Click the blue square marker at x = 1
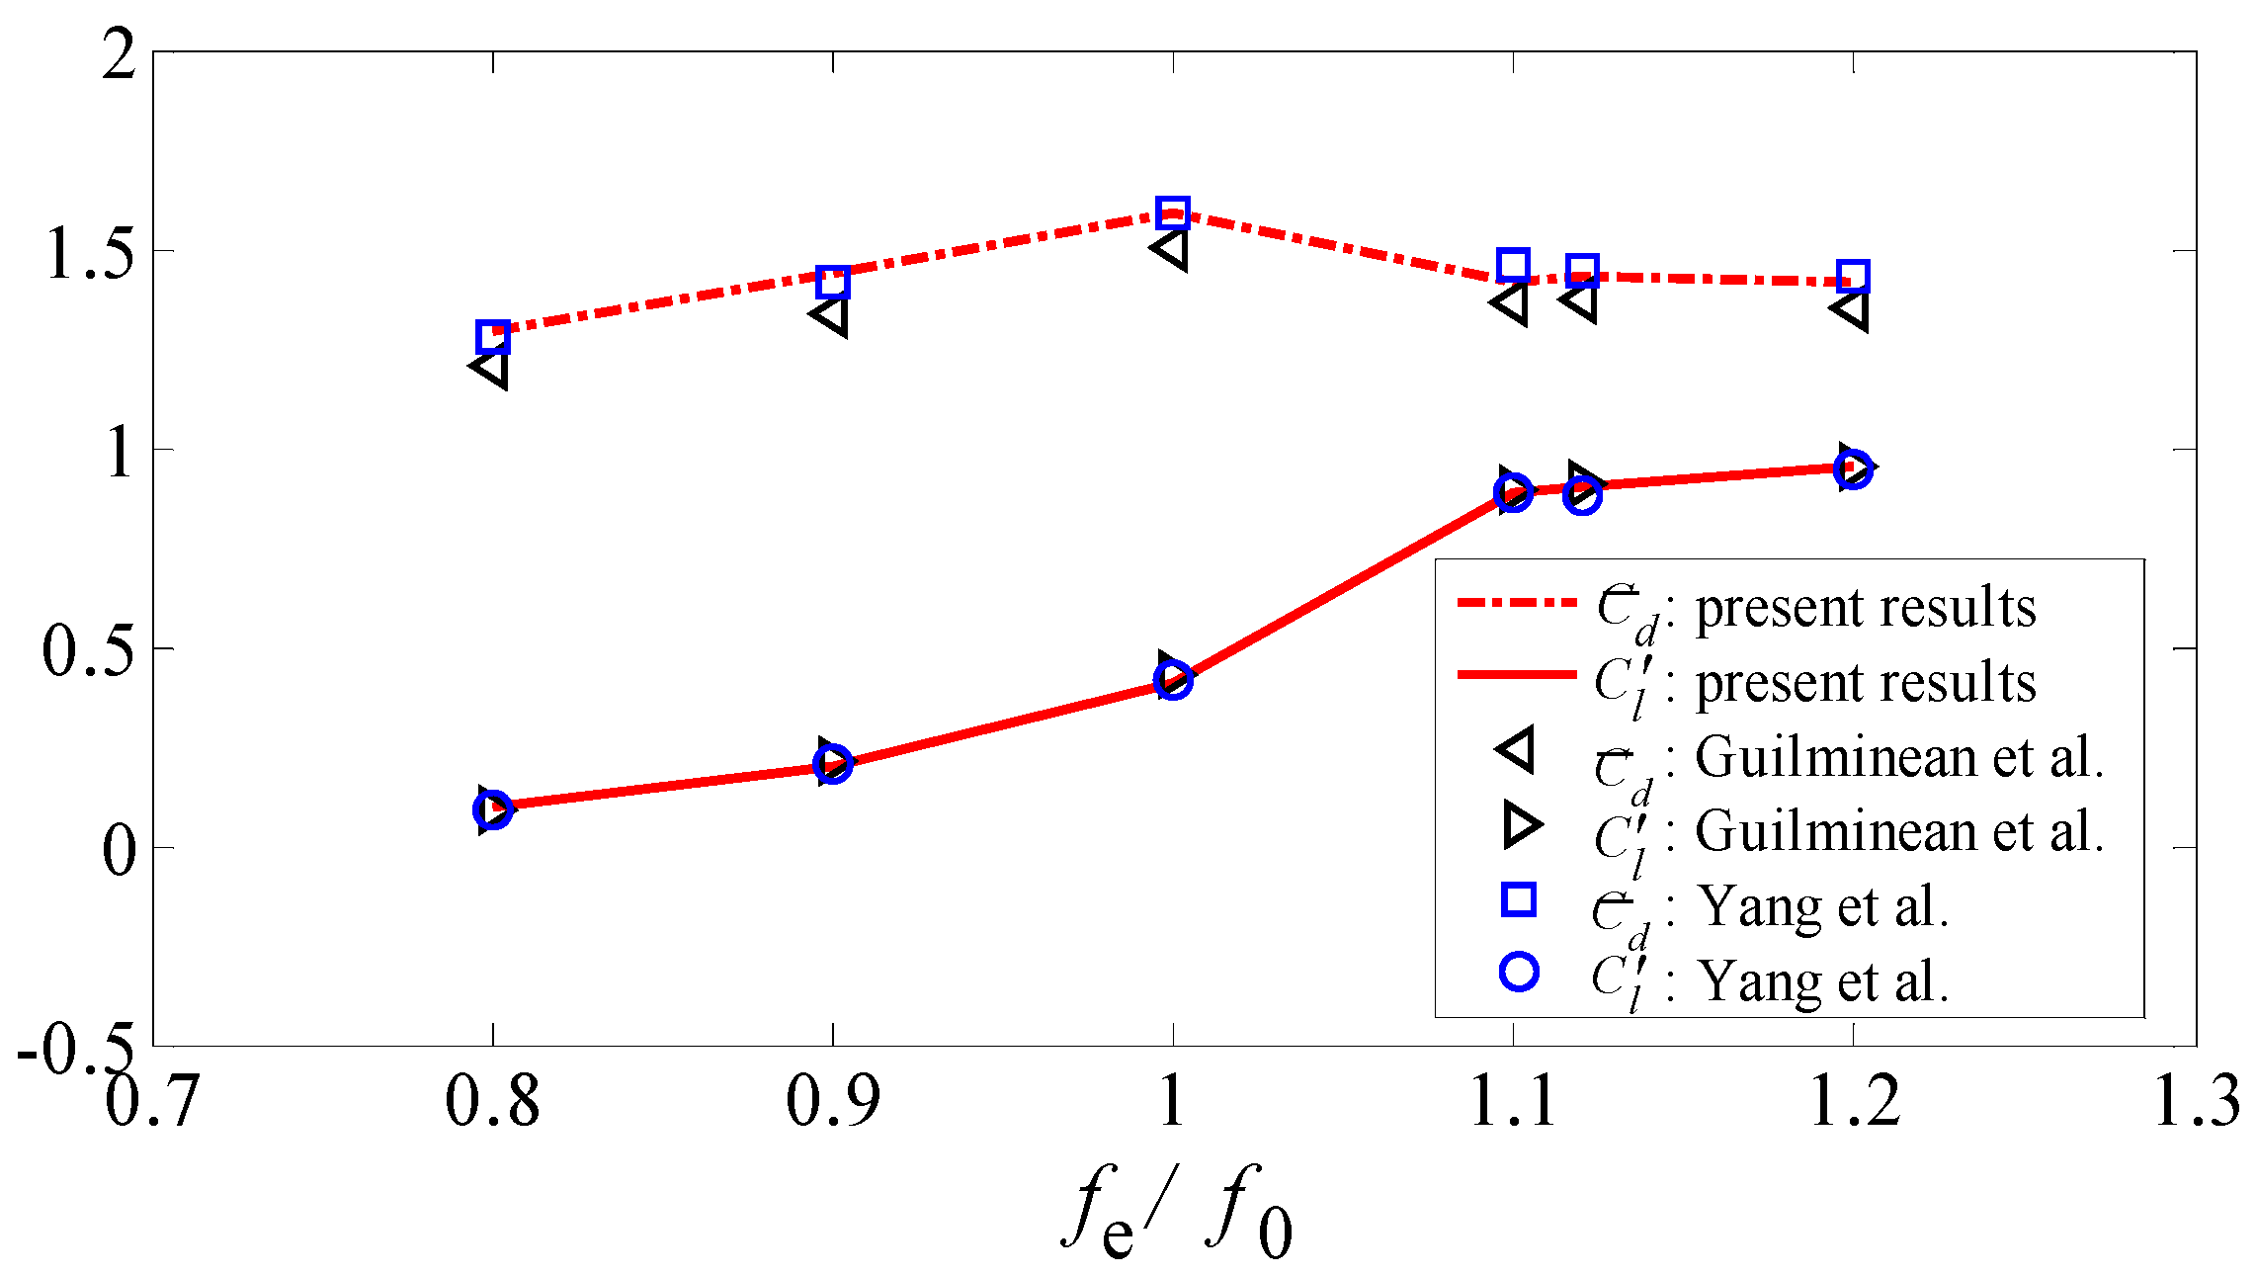[x=1173, y=212]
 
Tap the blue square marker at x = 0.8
[x=492, y=336]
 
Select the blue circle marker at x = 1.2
[x=1854, y=469]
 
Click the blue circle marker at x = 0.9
[x=833, y=764]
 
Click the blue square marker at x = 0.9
[x=833, y=282]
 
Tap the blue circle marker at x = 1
[x=1173, y=680]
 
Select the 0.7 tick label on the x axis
[x=152, y=1100]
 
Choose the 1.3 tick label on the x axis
[x=2196, y=1100]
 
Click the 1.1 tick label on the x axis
[x=1513, y=1100]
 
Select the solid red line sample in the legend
[x=1516, y=675]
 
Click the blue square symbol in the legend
[x=1518, y=899]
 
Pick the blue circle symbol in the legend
[x=1519, y=972]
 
